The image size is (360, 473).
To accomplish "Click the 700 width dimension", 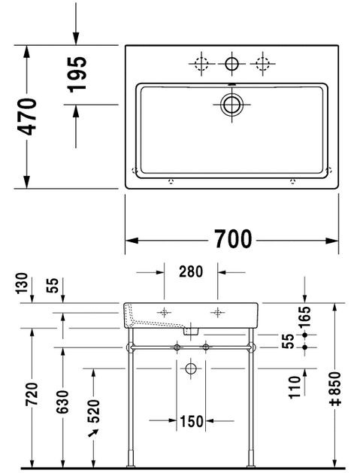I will [231, 240].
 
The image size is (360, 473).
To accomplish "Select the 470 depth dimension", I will [26, 117].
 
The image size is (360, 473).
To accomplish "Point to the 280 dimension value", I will [191, 272].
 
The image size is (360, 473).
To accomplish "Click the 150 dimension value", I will [191, 422].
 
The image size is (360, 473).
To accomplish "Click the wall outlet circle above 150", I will [191, 368].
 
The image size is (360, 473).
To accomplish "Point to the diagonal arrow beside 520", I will [94, 434].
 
